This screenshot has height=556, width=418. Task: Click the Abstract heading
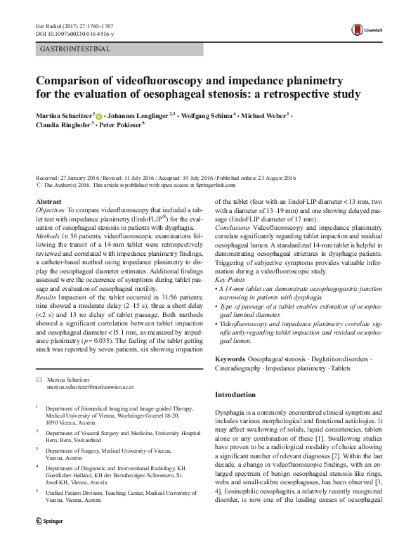point(48,202)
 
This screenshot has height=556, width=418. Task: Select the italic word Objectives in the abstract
point(50,210)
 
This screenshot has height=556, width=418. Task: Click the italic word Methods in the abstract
point(47,238)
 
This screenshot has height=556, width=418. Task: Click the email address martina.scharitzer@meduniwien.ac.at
point(91,387)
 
